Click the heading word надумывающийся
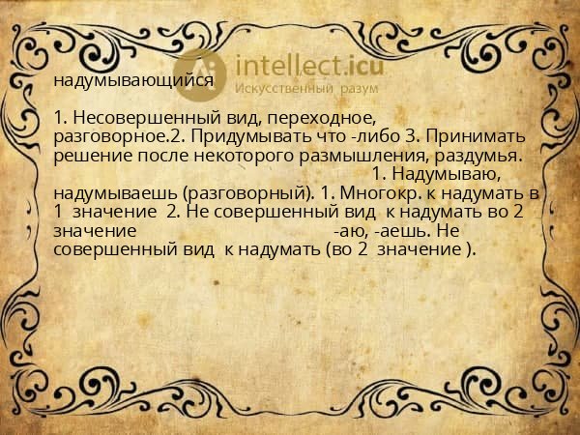tap(133, 81)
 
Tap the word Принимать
tap(481, 137)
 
